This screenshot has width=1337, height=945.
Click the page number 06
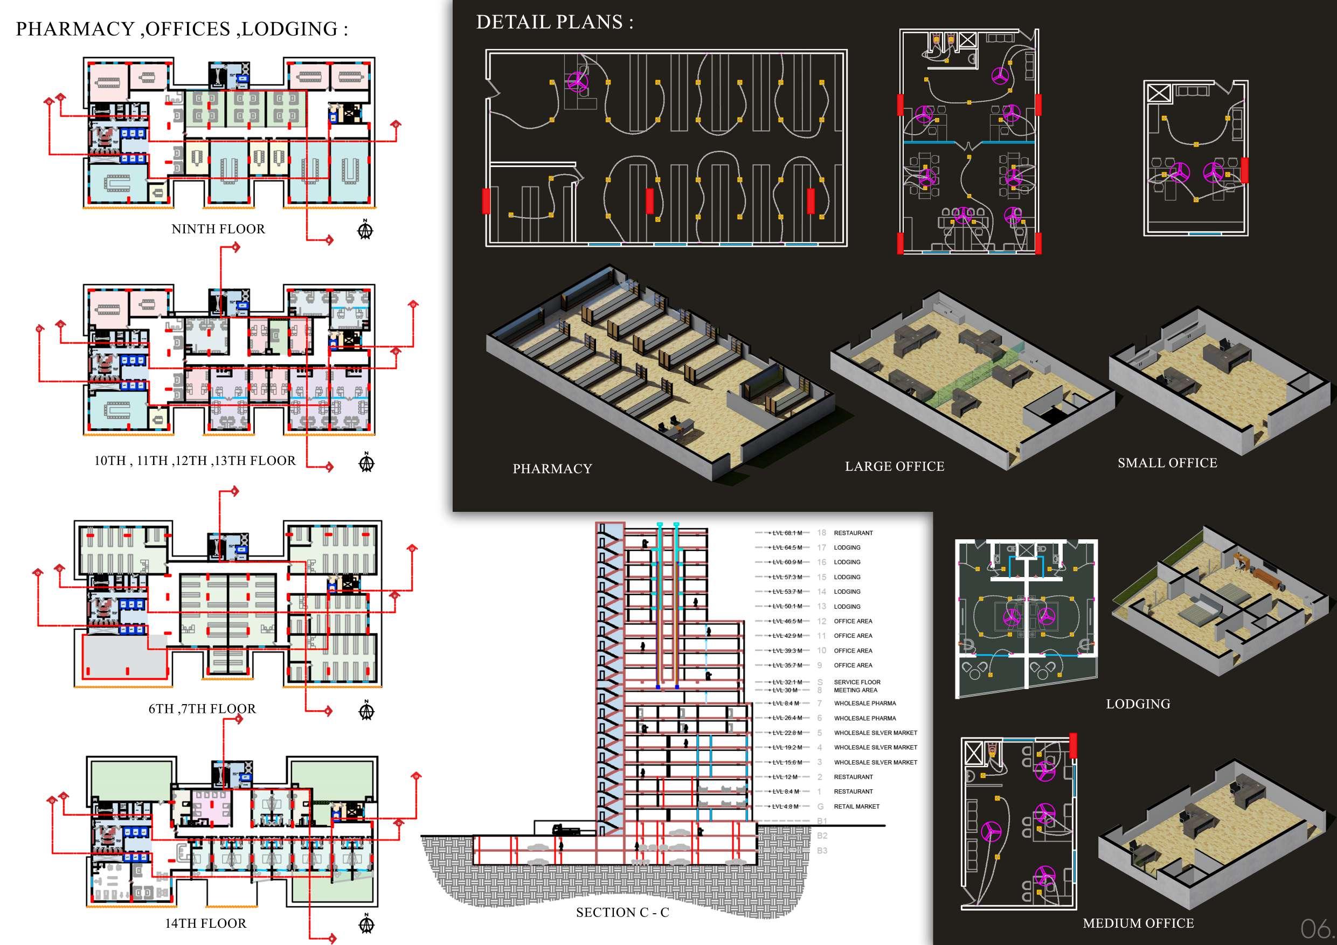1315,928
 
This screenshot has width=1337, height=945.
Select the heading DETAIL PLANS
554,22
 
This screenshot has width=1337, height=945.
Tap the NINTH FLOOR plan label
218,229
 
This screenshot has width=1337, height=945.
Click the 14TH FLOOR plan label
205,923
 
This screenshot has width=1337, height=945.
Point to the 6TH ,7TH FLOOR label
202,708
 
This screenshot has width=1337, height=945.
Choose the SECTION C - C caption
622,912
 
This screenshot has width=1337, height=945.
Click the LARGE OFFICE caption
895,467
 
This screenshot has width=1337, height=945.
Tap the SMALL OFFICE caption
1167,463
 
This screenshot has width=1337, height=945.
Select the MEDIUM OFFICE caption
1138,923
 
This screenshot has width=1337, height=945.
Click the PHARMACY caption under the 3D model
552,469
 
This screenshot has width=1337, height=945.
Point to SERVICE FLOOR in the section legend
857,682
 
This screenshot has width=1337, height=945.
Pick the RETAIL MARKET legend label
857,807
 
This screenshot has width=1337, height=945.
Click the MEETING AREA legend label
855,690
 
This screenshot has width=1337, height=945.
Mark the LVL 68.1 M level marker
787,533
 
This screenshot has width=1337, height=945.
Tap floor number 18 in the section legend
821,533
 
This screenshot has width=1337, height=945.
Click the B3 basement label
822,851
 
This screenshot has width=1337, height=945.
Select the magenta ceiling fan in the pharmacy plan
577,81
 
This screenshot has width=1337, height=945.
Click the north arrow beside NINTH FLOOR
365,230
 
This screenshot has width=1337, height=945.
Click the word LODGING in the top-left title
289,29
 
